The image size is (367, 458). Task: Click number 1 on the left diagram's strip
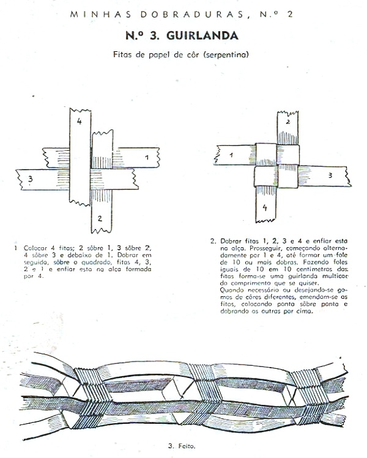(146, 158)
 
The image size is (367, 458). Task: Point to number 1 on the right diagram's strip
(231, 156)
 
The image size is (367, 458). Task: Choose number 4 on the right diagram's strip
(265, 207)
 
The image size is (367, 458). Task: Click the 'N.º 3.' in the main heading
(148, 35)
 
